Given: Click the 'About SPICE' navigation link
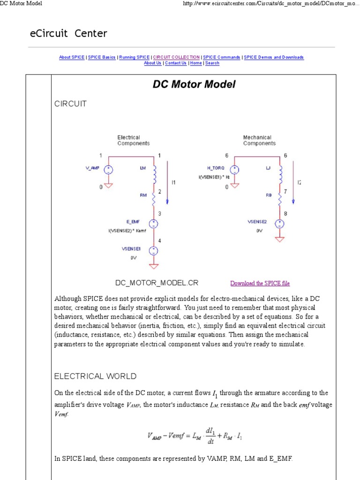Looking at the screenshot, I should (72, 57).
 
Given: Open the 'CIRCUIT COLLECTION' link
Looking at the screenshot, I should (176, 57).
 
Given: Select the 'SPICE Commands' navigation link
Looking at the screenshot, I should (222, 57).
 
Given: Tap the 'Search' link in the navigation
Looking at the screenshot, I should (212, 63).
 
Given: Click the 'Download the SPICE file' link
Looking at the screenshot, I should (260, 283).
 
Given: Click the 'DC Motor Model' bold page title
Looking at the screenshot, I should (194, 84).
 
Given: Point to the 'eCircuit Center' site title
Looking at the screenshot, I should (69, 34).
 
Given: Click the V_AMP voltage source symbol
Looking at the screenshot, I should (108, 170).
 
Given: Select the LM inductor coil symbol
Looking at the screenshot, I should (154, 174).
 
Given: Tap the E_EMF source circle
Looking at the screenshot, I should (153, 224).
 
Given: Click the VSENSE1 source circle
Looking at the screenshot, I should (153, 251).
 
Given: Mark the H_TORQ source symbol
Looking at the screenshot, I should (234, 170).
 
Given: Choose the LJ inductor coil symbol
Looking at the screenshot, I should (280, 174).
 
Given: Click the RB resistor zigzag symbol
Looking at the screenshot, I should (280, 199).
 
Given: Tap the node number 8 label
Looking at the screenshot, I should (285, 214).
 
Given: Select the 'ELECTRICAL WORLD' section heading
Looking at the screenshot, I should (96, 376).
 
